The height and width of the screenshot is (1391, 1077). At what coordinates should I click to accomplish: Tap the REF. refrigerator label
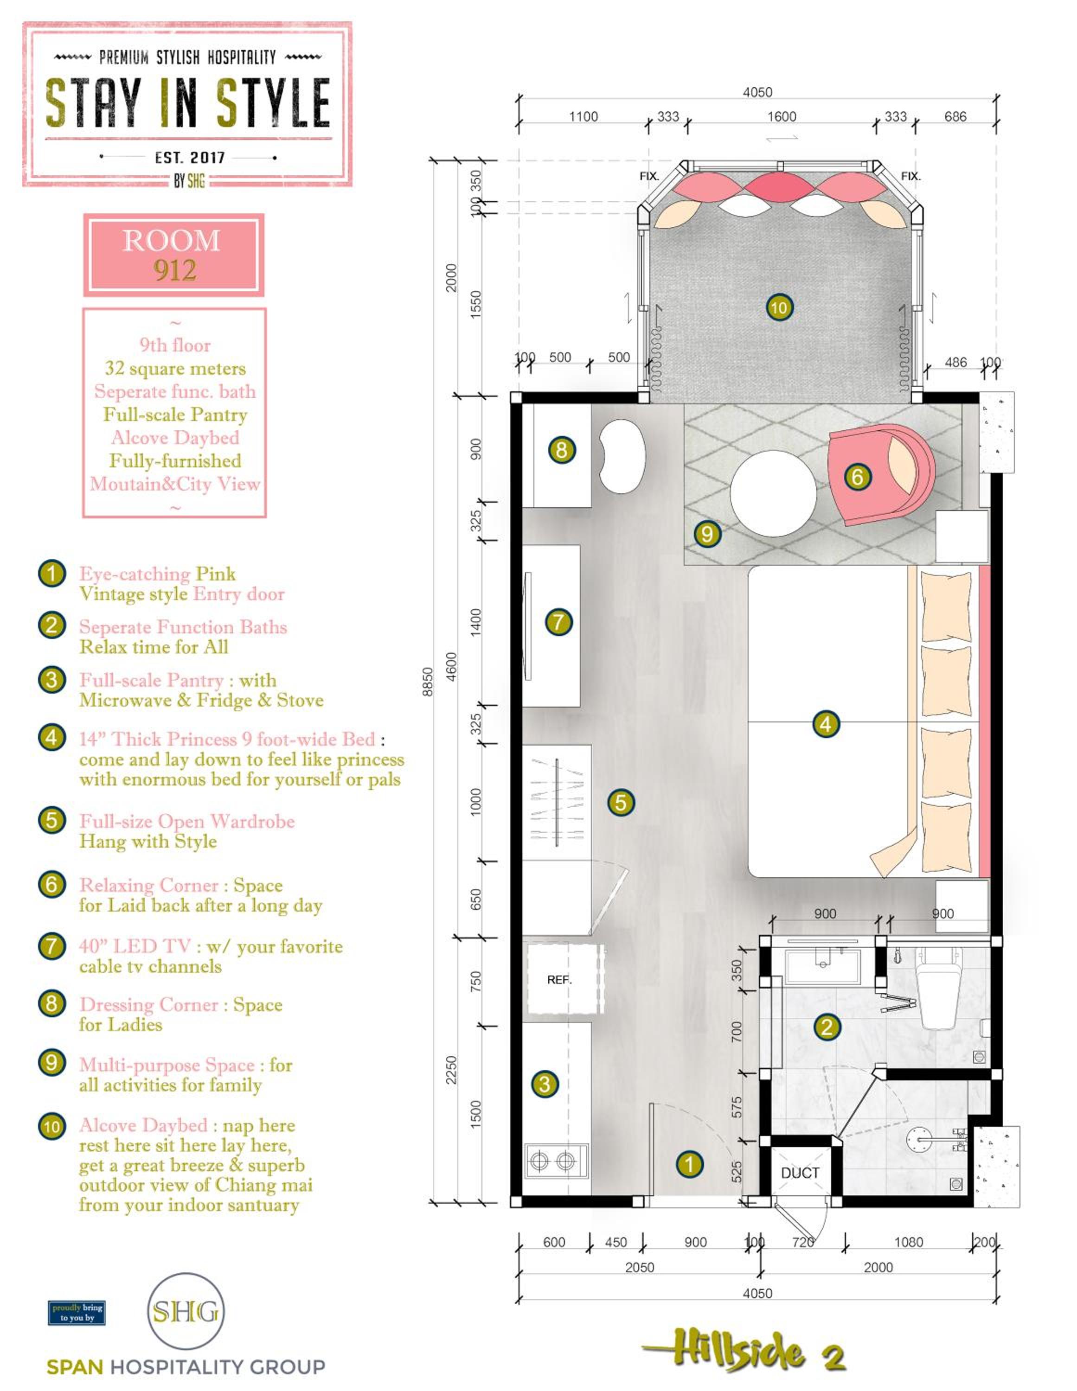559,980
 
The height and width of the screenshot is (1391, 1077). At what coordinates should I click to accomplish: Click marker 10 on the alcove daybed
779,307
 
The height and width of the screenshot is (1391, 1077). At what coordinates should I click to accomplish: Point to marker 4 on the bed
825,724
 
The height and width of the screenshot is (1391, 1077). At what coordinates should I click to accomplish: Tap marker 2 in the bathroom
827,1027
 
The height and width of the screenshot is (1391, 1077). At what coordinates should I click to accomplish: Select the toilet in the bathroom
937,991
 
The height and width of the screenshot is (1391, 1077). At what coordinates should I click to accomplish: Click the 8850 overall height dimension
428,682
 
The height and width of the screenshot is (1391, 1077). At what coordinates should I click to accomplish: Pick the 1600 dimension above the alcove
781,116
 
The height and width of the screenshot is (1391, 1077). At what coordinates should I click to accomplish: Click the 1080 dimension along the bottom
908,1242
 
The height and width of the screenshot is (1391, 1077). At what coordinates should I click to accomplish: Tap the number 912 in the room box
174,271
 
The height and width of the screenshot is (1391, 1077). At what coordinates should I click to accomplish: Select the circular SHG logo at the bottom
186,1311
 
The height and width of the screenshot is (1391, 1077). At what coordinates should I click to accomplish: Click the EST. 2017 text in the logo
189,157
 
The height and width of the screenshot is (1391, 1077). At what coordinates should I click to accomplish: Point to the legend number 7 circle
51,946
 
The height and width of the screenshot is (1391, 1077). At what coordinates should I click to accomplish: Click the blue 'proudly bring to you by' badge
77,1312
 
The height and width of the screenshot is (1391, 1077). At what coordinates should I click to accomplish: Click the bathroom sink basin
823,966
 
